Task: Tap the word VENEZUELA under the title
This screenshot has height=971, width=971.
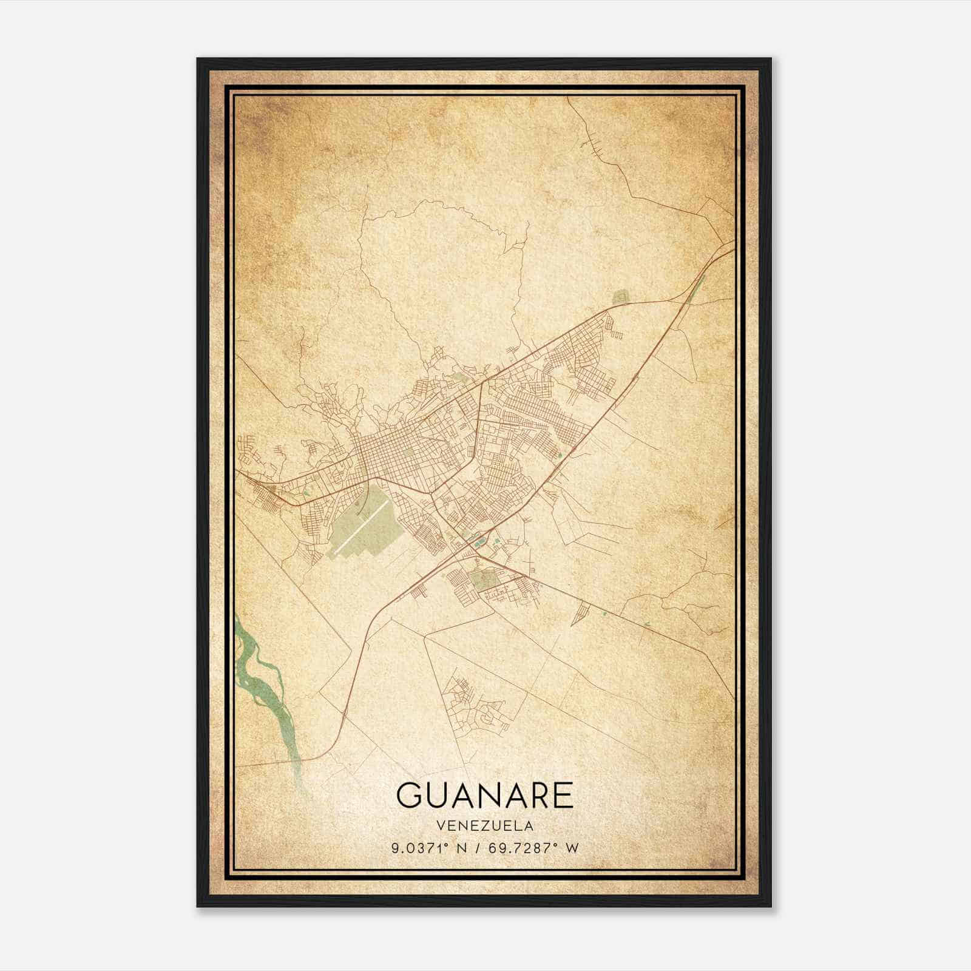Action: (x=485, y=826)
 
